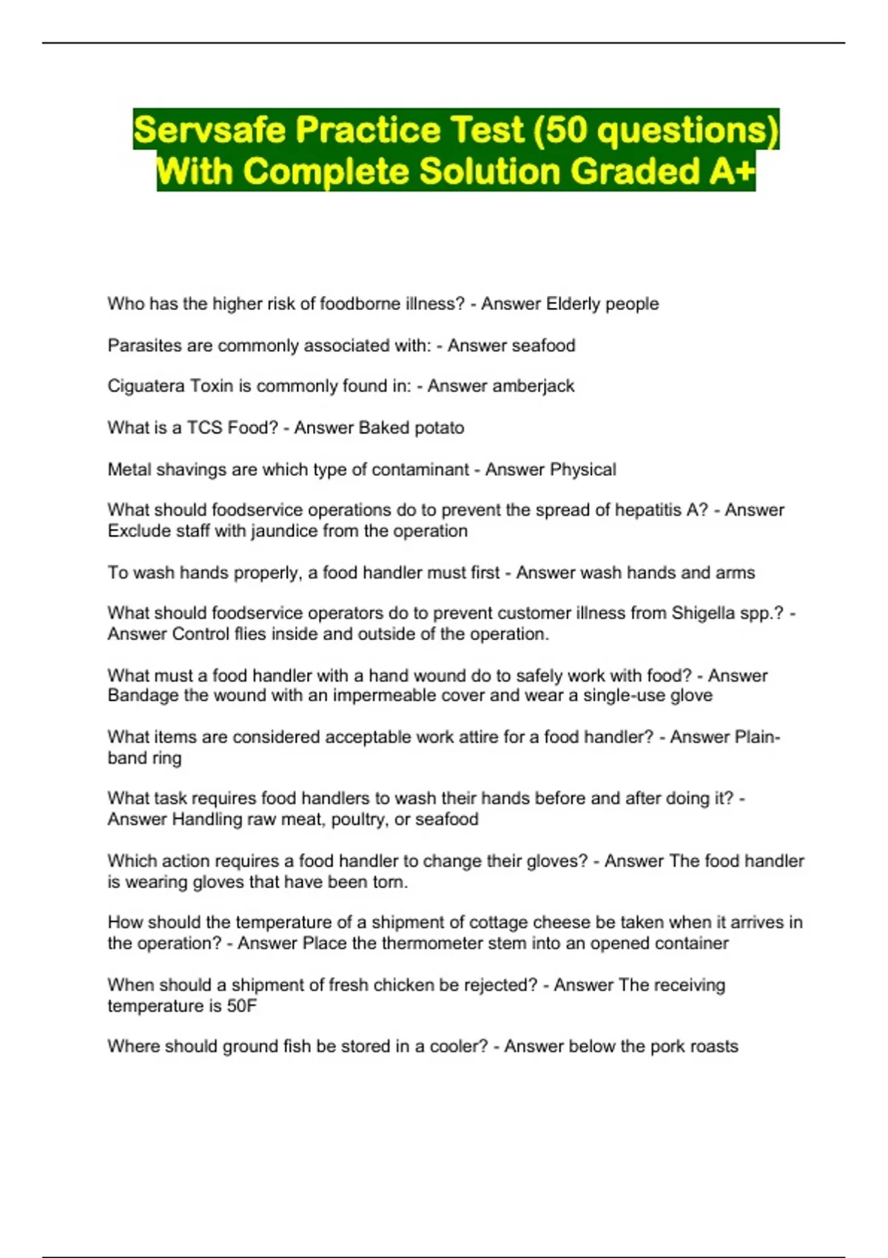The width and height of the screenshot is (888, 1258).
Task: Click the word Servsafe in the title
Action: coord(209,130)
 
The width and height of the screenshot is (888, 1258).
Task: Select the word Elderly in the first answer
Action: coord(572,304)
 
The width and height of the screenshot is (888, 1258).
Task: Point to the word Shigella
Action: coord(703,613)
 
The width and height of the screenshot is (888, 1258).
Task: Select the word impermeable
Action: coord(383,696)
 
